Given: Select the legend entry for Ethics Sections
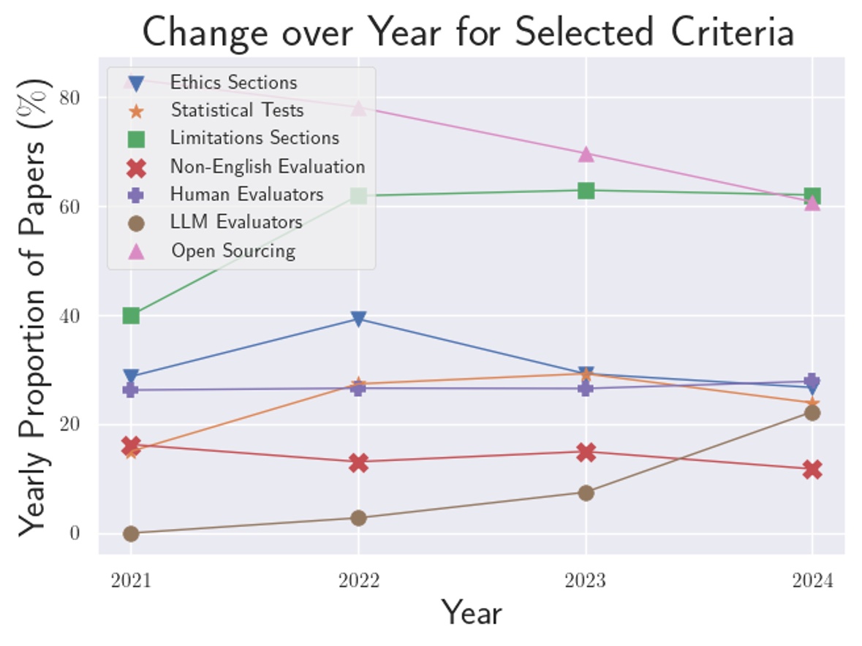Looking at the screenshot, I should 233,83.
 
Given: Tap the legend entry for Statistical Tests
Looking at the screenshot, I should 236,110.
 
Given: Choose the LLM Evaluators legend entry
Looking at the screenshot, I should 235,222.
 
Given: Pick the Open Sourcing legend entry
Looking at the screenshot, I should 232,251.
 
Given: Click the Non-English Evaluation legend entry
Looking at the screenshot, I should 267,167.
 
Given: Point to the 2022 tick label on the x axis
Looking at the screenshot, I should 358,581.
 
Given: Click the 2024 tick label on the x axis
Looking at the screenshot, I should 812,581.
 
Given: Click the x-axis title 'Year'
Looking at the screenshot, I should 472,613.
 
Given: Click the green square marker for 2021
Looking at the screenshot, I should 131,316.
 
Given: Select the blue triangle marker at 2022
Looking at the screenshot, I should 358,319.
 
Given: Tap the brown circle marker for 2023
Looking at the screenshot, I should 586,493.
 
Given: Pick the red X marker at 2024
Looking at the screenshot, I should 812,469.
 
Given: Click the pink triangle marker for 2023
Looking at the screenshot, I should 586,154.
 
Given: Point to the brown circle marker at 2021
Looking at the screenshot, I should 131,533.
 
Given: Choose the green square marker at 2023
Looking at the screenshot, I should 586,191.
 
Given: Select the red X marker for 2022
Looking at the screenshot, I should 358,462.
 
